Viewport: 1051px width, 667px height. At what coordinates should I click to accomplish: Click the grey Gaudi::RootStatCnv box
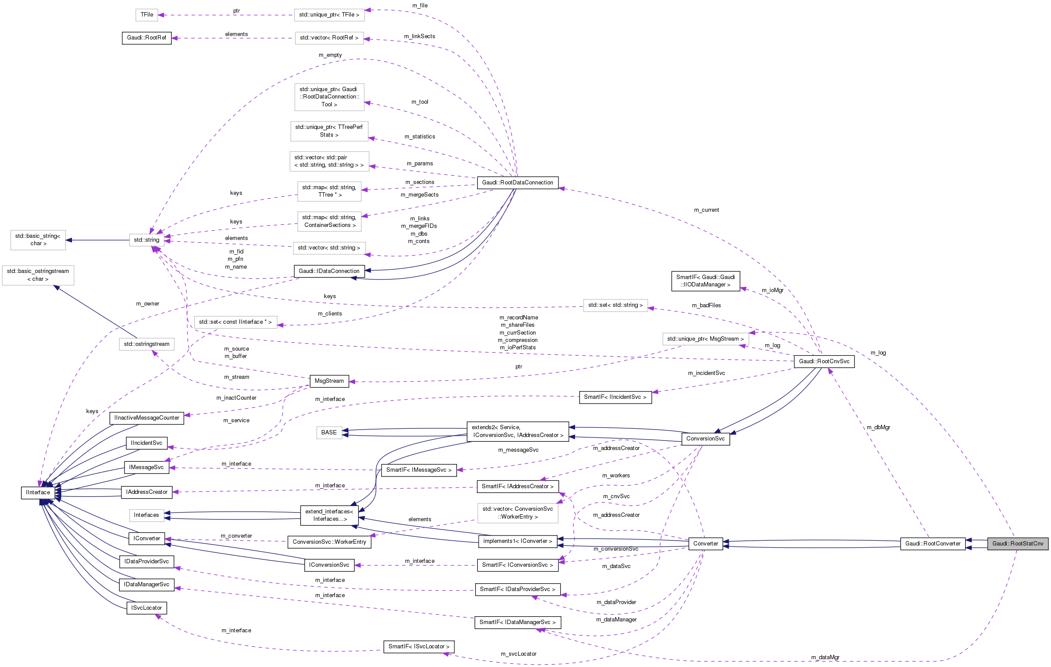1017,543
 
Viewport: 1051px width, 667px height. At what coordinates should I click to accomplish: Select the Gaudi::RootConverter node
932,543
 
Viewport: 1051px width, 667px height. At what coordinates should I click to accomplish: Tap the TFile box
147,15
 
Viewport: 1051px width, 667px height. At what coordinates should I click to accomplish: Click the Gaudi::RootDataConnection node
517,183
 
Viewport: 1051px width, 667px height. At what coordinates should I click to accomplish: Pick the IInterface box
38,492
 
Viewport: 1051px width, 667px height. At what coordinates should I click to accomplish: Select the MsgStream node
329,381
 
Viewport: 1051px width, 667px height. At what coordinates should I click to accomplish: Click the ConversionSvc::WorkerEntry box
329,542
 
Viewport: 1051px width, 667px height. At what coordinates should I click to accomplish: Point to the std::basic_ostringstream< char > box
38,275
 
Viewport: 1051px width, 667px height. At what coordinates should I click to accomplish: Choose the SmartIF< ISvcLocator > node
418,647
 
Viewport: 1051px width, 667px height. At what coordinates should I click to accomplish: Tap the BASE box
329,432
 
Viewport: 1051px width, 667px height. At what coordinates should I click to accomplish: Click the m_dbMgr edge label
878,427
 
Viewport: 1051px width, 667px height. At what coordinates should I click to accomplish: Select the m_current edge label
706,210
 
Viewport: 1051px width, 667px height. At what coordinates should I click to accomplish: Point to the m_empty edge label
330,55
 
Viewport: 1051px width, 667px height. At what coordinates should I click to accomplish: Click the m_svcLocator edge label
518,654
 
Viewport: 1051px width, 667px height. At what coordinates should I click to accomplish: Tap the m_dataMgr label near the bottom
825,657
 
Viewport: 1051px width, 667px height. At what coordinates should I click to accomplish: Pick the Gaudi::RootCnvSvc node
824,361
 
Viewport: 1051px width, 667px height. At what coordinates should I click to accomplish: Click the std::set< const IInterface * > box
235,322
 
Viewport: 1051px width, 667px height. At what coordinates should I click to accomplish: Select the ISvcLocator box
146,608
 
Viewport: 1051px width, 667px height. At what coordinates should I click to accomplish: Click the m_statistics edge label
419,137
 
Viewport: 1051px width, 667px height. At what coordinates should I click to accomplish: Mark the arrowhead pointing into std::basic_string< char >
69,240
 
